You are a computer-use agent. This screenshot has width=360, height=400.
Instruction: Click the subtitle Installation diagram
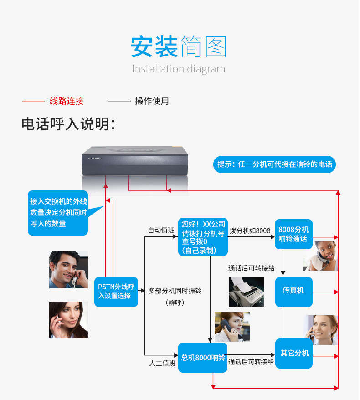[179, 69]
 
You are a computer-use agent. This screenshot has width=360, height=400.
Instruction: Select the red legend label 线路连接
[67, 101]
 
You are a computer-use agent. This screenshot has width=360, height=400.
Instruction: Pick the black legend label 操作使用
[152, 101]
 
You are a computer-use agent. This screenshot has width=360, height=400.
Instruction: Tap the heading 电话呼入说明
[68, 124]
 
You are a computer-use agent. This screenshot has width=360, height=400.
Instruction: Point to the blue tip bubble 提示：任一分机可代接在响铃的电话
[274, 164]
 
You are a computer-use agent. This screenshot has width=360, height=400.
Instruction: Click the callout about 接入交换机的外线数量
[58, 212]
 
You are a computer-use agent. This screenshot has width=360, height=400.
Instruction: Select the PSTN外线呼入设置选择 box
[116, 292]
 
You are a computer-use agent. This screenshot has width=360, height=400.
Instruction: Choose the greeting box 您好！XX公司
[203, 237]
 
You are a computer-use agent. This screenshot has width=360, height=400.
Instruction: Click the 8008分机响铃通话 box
[293, 234]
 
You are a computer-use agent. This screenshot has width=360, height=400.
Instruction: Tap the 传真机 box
[293, 290]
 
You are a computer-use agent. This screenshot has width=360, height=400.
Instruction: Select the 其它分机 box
[294, 353]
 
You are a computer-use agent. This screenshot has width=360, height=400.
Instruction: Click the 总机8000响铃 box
[203, 358]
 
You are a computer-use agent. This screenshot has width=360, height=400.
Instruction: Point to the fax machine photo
[246, 291]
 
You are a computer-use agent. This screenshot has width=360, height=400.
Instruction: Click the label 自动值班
[161, 231]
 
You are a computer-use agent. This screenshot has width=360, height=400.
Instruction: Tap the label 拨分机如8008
[250, 231]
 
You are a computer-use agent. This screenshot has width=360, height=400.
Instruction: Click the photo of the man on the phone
[68, 270]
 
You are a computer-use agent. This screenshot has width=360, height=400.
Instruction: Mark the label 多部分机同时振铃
[175, 290]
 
